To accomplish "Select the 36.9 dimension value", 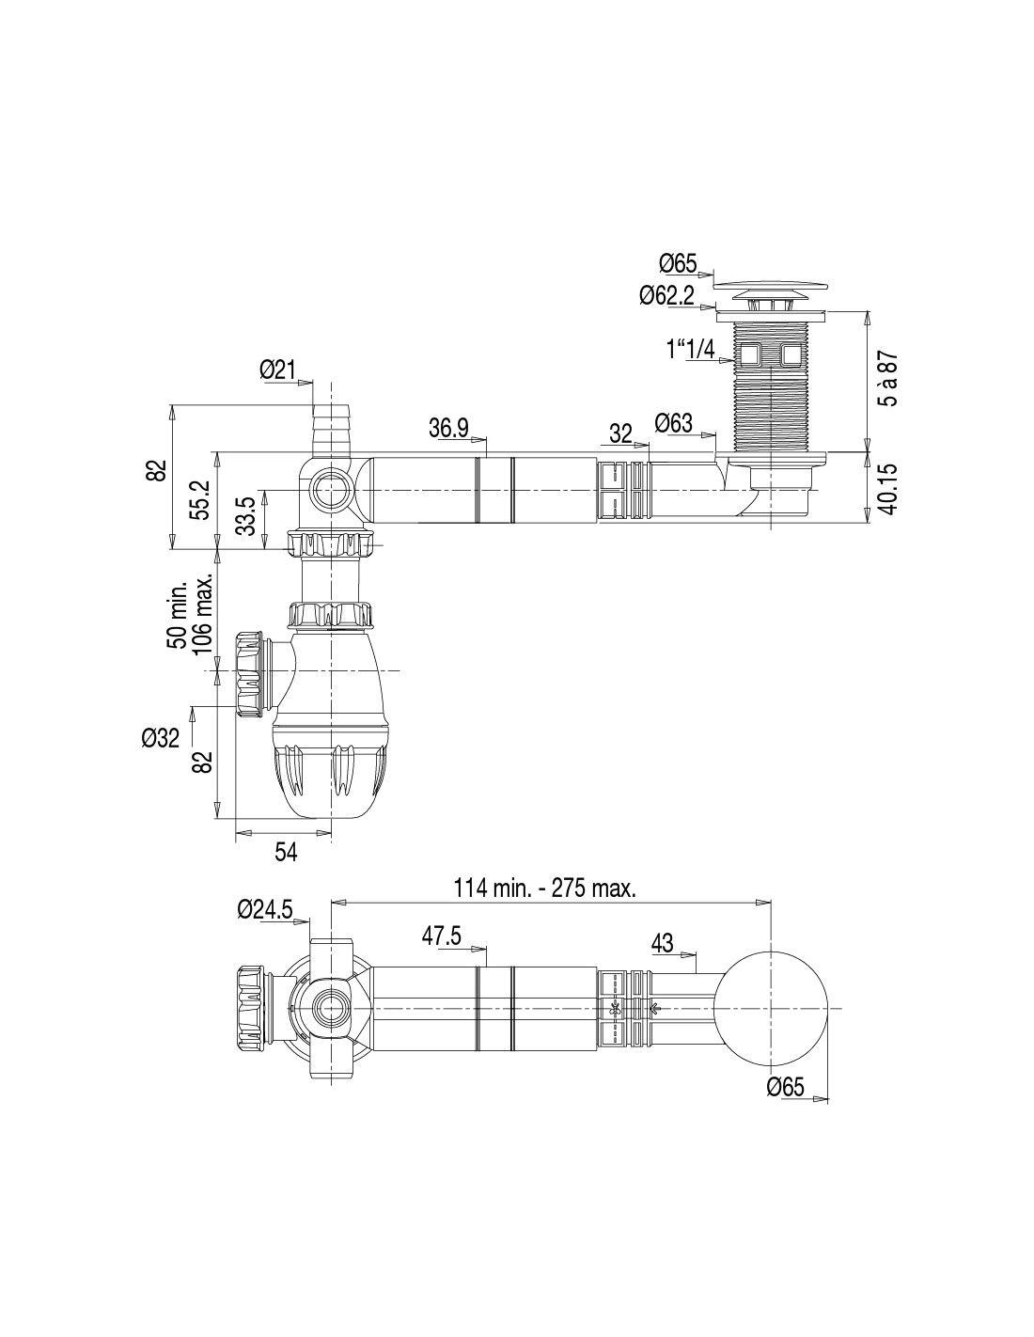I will click(448, 429).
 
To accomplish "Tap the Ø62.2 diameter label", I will click(666, 295).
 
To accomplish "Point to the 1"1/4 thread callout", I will click(690, 351).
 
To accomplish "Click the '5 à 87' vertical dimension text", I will click(886, 379).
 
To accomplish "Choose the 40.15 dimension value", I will click(886, 488).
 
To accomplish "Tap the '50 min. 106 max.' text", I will click(191, 615).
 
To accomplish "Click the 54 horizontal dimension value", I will click(286, 851).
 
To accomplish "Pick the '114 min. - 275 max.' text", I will click(544, 887).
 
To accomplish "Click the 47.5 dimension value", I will click(442, 936).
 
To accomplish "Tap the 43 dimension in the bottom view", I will click(664, 942).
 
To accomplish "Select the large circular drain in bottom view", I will click(772, 1008).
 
